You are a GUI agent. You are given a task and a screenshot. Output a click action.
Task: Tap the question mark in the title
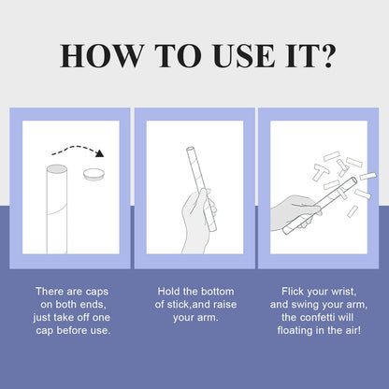coord(328,55)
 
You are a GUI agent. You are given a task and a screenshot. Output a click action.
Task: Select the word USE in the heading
coord(245,56)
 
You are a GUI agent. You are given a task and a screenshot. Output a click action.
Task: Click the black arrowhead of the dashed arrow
coord(100,153)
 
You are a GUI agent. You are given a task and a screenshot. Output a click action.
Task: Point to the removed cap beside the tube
coord(94,174)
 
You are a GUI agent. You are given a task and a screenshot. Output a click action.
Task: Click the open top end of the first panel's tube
coord(57,169)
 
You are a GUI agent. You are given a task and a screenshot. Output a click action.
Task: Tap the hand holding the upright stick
coord(198,222)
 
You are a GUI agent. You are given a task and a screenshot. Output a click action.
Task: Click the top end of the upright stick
coord(190,149)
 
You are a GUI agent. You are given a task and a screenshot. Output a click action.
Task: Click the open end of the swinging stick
coord(353,180)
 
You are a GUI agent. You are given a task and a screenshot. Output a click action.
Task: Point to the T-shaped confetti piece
coord(321,171)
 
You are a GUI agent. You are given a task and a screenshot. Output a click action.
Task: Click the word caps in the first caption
coord(97,292)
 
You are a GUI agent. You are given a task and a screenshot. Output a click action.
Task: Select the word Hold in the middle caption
coord(168,291)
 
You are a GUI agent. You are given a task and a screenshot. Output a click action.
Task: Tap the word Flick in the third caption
coord(293,291)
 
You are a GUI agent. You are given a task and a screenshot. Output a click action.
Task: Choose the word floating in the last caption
coord(295,331)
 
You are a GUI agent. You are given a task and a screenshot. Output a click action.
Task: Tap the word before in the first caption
coord(72,330)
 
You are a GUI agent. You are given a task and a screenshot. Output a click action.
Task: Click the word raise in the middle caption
coord(223,304)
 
